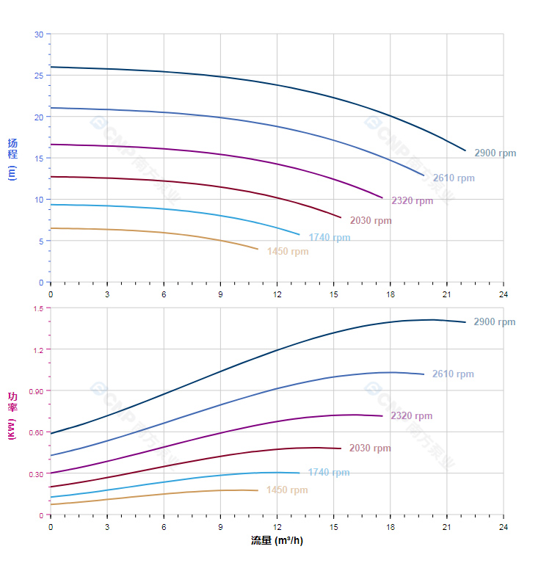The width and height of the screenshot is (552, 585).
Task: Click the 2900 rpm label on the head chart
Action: (x=495, y=153)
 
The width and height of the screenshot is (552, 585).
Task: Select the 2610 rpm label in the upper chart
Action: (x=453, y=178)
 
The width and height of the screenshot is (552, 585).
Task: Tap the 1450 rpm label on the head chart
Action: (x=288, y=252)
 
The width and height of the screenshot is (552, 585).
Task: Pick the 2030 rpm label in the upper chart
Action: (x=371, y=221)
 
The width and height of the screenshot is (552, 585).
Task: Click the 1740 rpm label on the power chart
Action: (x=329, y=473)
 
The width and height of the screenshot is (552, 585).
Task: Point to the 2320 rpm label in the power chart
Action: (x=411, y=416)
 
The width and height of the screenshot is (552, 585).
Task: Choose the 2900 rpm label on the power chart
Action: (x=494, y=322)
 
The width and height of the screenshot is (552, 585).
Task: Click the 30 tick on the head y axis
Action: (x=39, y=34)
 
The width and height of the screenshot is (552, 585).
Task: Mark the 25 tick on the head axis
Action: (x=39, y=76)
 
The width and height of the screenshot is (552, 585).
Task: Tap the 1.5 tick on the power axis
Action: (x=38, y=308)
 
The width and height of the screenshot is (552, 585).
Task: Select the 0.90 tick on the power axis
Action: (x=37, y=391)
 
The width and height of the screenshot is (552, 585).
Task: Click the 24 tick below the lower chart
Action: (x=503, y=527)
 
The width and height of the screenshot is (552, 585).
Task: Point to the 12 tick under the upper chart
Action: (x=277, y=294)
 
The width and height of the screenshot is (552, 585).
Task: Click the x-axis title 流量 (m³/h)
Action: (x=277, y=541)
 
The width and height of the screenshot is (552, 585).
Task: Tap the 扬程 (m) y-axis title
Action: (x=12, y=159)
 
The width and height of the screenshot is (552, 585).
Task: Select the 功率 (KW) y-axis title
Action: (x=12, y=415)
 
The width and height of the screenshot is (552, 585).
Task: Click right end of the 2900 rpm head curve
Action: (x=465, y=150)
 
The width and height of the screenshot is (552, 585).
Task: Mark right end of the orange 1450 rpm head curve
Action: (x=258, y=249)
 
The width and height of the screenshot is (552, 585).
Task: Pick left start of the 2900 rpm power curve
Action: (x=51, y=433)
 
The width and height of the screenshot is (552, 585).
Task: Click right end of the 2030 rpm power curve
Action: (x=341, y=448)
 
